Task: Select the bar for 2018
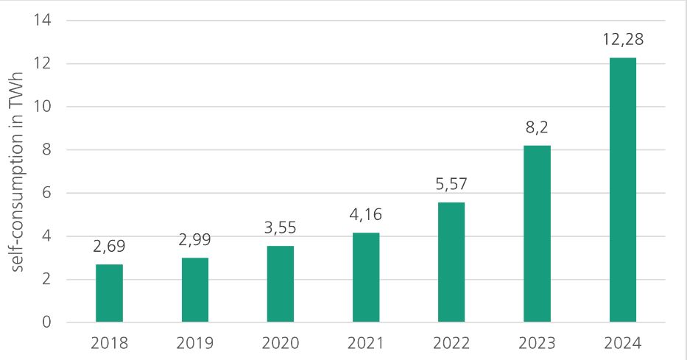tap(110, 293)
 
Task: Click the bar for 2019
tap(195, 290)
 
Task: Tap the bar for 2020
tap(281, 284)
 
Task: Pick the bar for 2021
tap(366, 278)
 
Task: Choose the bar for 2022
tap(451, 262)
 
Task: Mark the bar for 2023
tap(537, 234)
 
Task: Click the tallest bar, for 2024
tap(623, 190)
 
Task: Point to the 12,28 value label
tap(623, 39)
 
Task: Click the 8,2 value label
tap(537, 127)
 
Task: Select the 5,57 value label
tap(451, 184)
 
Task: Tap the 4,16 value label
tap(366, 215)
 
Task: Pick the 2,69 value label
tap(110, 247)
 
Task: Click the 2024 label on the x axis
tap(623, 343)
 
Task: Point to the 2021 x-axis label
tap(366, 343)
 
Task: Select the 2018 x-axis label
tap(110, 343)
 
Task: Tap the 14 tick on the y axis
tap(42, 20)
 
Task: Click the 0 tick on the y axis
tap(46, 322)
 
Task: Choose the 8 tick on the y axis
tap(46, 149)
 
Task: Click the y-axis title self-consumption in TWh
tap(19, 171)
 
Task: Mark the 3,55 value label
tap(281, 227)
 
